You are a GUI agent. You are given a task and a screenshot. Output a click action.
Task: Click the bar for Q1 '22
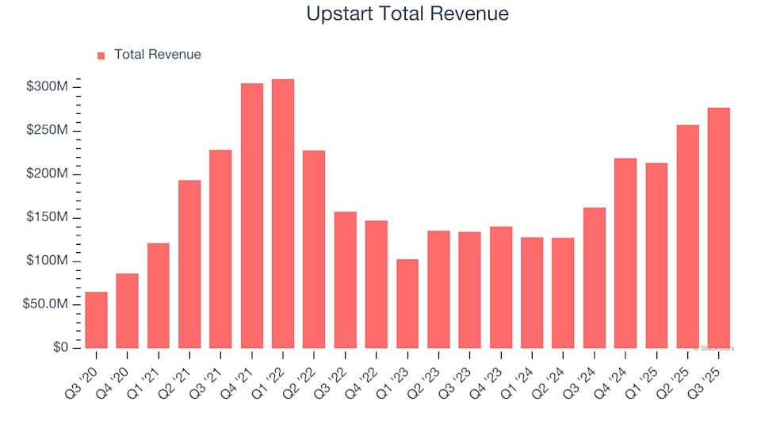(283, 213)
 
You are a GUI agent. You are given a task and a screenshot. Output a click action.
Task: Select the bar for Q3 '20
(96, 319)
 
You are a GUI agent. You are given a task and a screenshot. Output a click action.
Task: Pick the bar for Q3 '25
(719, 227)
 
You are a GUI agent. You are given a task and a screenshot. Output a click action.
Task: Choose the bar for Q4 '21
(252, 215)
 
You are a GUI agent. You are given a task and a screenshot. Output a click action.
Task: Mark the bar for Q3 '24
(595, 277)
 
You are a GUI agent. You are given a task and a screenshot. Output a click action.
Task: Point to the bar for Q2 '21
(189, 264)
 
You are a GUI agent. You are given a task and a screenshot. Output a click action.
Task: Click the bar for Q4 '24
(625, 253)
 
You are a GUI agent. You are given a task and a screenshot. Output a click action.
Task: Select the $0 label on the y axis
(61, 348)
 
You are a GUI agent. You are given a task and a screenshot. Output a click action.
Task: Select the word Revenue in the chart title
(470, 13)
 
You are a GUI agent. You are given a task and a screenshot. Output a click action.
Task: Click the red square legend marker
(101, 55)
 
